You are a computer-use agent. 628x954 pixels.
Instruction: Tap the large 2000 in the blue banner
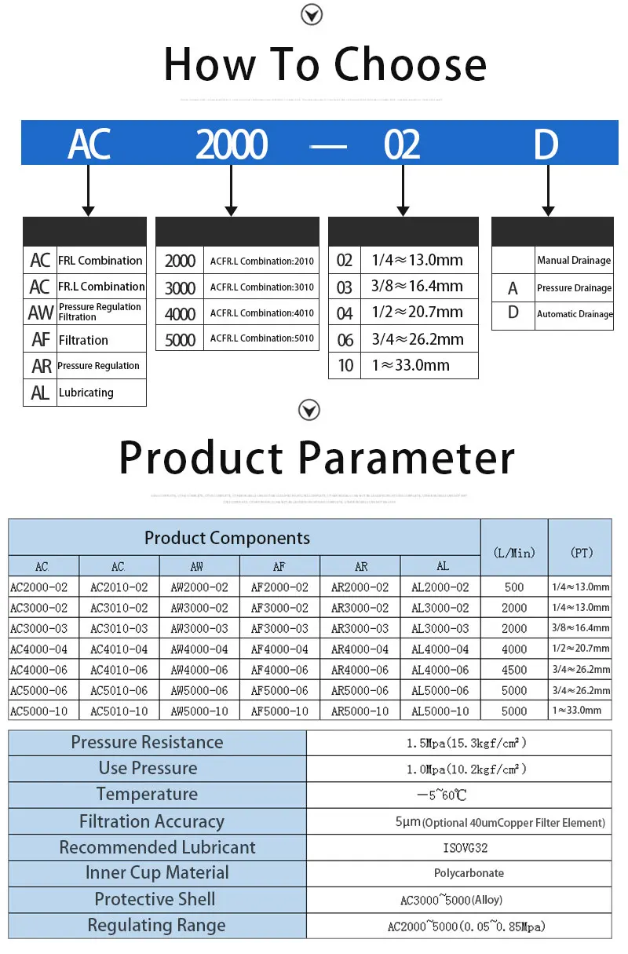[232, 144]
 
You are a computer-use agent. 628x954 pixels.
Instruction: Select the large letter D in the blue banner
[546, 144]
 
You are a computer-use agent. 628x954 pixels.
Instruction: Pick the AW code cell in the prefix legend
[40, 313]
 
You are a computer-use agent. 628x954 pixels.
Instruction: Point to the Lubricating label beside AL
[86, 393]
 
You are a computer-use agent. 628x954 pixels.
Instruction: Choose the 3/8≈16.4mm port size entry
[417, 287]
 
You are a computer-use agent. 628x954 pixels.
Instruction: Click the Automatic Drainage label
[575, 314]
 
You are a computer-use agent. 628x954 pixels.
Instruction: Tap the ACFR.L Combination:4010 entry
[262, 313]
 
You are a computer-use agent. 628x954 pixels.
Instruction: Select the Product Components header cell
[227, 538]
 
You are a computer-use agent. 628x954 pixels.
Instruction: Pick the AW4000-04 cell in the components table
[199, 649]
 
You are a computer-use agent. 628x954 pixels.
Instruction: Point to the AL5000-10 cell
[440, 711]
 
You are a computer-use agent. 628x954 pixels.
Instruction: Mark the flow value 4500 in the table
[515, 670]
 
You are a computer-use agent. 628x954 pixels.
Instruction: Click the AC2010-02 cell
[119, 587]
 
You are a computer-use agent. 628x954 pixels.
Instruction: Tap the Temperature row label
[148, 795]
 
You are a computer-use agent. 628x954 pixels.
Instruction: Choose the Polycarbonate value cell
[469, 873]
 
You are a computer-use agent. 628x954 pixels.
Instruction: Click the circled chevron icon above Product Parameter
[310, 410]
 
